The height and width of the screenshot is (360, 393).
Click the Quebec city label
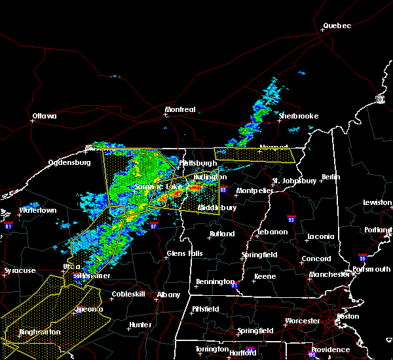(x=337, y=26)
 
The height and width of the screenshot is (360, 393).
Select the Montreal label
(x=180, y=109)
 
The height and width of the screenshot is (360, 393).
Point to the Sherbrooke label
(x=298, y=116)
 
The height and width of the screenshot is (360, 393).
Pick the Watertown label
(x=39, y=210)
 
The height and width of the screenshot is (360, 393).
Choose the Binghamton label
(x=39, y=332)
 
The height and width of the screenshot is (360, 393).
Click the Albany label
(x=168, y=295)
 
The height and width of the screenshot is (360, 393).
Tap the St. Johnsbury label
(x=294, y=180)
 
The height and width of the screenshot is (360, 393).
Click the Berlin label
(x=331, y=177)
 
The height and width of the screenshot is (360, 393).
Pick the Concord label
(x=315, y=259)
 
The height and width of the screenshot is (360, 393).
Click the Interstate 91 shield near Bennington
(x=234, y=285)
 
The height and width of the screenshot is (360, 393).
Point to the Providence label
(x=330, y=350)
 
